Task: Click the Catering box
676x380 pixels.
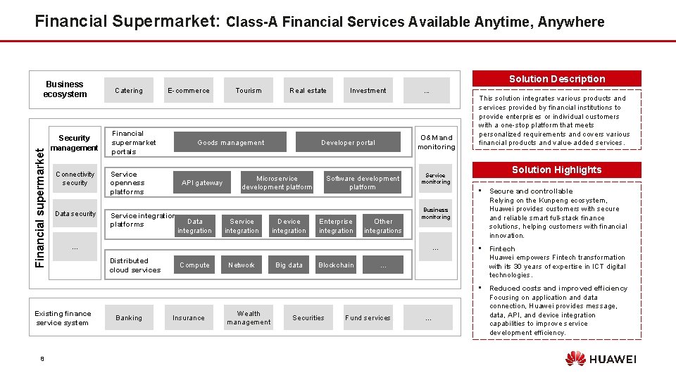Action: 129,91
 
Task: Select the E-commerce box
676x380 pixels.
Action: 189,91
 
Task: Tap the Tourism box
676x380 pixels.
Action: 249,91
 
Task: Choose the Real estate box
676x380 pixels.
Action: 308,91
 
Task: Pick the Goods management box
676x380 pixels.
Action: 231,143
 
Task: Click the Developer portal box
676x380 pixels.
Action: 349,143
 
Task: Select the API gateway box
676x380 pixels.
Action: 202,183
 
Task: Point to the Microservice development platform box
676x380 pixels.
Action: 277,183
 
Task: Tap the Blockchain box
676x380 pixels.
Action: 336,265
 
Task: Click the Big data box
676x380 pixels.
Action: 289,265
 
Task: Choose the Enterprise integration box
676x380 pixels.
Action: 336,226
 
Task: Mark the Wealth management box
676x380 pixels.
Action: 249,318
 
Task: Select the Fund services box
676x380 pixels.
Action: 368,318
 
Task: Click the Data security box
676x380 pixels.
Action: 75,214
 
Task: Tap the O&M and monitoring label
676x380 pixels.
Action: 436,142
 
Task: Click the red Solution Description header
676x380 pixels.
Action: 557,79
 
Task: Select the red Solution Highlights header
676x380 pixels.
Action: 557,170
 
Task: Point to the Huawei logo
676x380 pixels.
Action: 600,359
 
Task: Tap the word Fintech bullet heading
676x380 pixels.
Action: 502,249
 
